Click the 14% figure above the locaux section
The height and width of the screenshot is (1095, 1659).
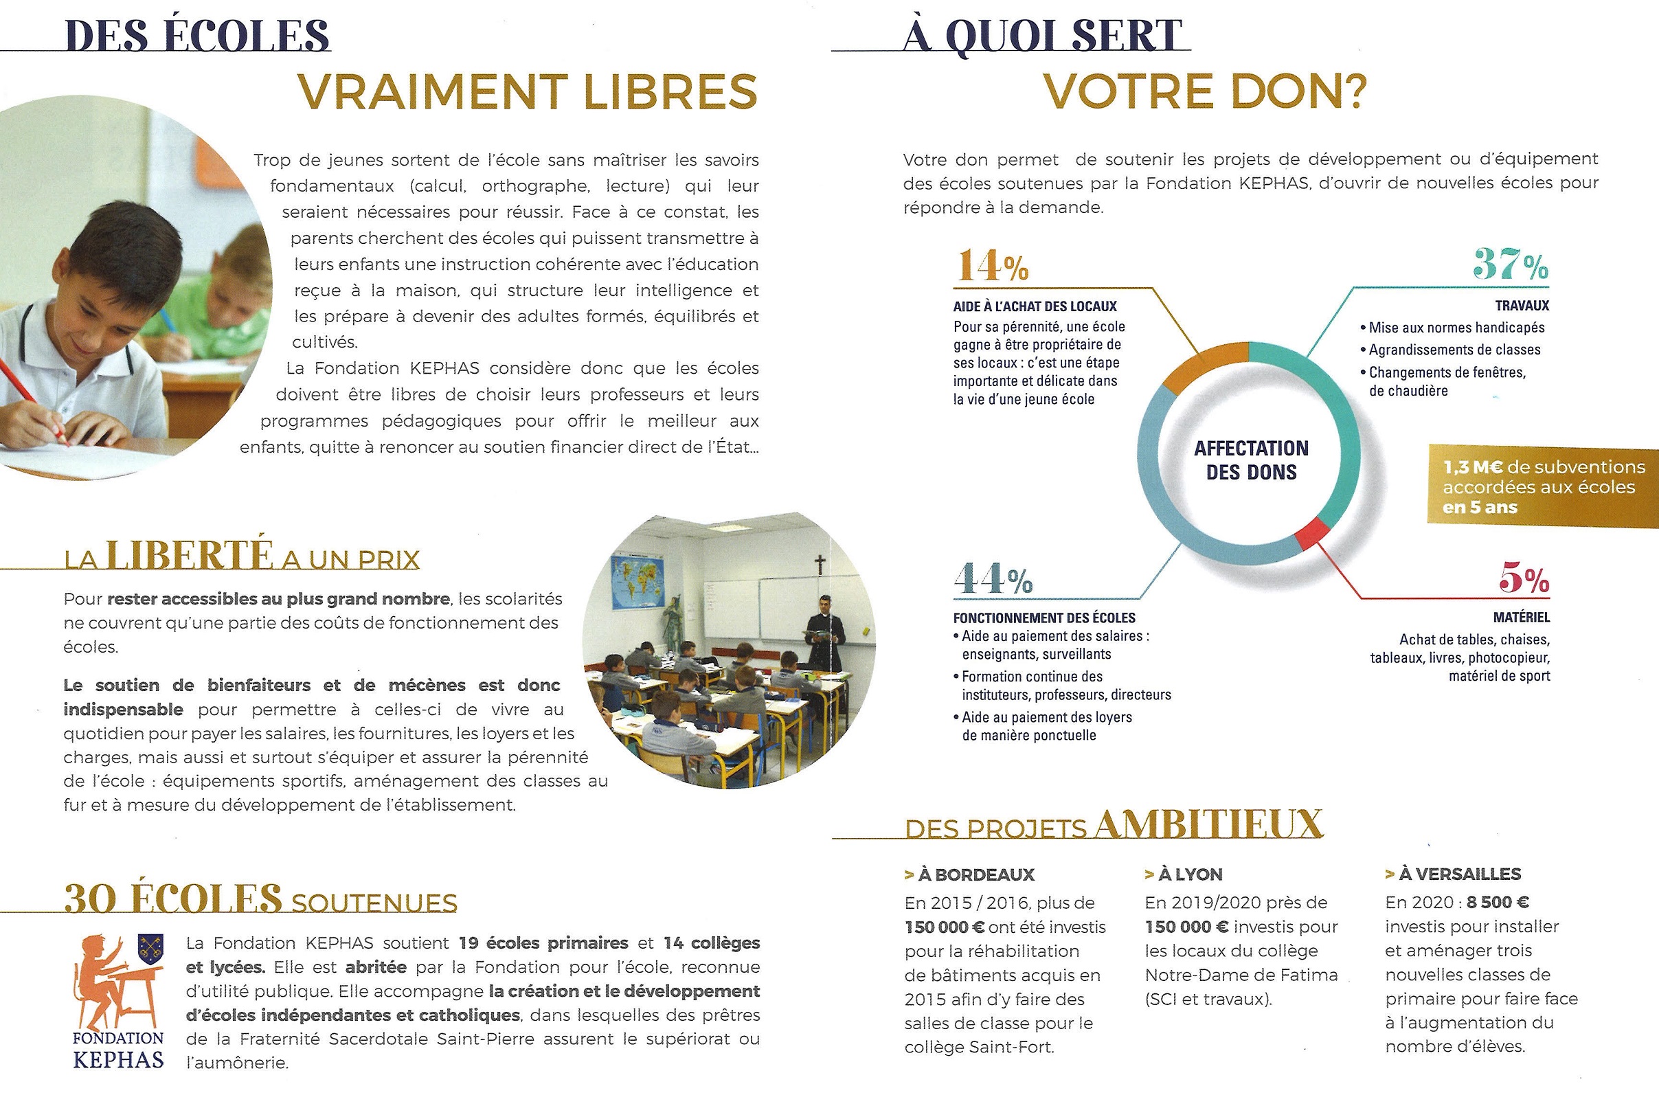tap(991, 266)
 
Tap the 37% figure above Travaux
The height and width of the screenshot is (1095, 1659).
tap(1509, 265)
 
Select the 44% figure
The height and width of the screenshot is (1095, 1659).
tap(992, 579)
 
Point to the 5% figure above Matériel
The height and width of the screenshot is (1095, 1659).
tap(1524, 579)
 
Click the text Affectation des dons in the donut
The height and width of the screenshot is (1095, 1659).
tap(1250, 460)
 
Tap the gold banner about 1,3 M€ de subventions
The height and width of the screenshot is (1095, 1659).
tap(1542, 487)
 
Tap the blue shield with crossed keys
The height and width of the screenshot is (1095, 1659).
tap(150, 950)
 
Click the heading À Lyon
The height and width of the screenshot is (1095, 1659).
tap(1184, 874)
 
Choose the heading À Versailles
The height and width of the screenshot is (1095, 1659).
tap(1453, 874)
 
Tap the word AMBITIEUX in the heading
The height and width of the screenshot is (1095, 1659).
tap(1208, 825)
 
